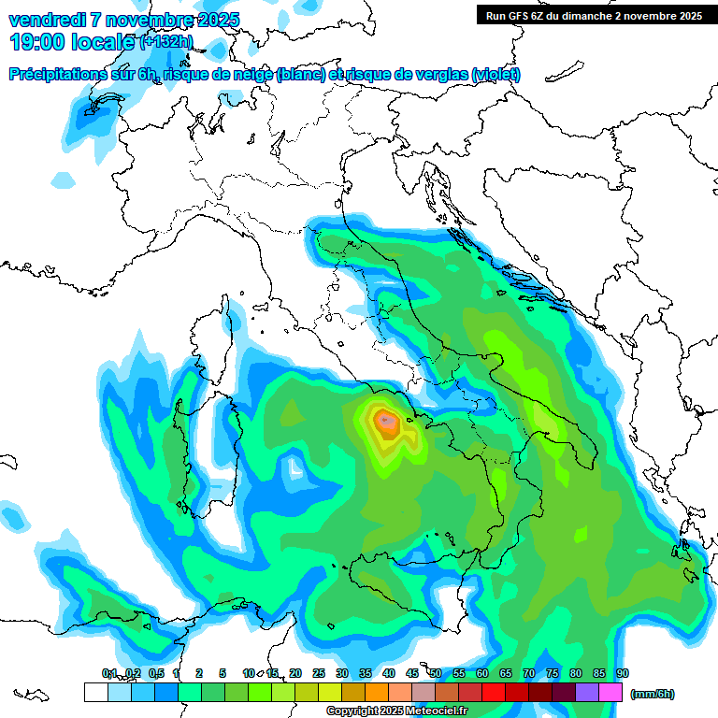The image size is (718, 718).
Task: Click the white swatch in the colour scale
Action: pyautogui.click(x=95, y=692)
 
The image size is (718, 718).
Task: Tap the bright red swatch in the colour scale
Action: pyautogui.click(x=494, y=692)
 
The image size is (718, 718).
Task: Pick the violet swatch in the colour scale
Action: pyautogui.click(x=587, y=692)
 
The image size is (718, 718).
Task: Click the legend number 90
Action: pyautogui.click(x=623, y=673)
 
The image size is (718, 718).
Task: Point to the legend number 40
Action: pyautogui.click(x=388, y=673)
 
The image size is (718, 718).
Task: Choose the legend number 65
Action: pyautogui.click(x=506, y=673)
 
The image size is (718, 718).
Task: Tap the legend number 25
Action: pyautogui.click(x=318, y=673)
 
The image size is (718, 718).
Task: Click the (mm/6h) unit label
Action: pyautogui.click(x=653, y=694)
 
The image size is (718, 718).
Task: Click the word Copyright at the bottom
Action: pyautogui.click(x=352, y=711)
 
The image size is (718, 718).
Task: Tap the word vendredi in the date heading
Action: pyautogui.click(x=48, y=20)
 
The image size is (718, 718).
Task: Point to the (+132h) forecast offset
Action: pyautogui.click(x=165, y=42)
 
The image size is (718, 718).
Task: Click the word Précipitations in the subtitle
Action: pyautogui.click(x=57, y=75)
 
